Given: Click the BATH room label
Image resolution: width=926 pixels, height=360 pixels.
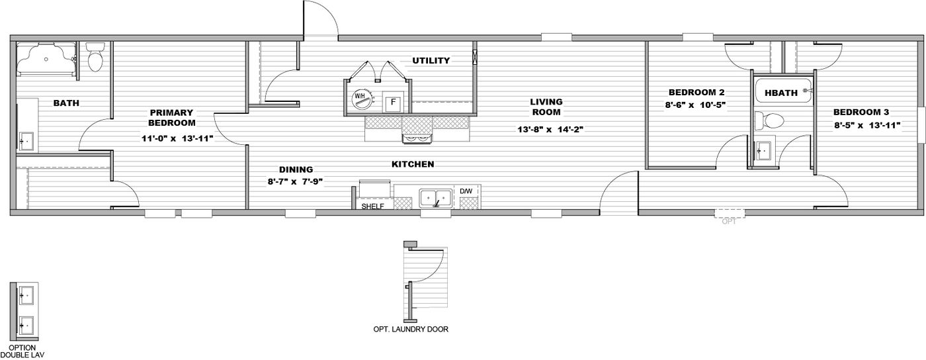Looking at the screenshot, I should pos(67,103).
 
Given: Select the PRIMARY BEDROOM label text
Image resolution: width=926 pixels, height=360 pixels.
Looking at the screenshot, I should pos(171,118).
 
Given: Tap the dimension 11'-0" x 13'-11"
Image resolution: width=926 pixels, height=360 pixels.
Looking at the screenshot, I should pos(177,139).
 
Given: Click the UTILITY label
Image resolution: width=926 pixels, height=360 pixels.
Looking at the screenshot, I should pos(431,61).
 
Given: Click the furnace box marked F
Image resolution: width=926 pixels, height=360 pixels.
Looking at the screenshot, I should pos(393,102).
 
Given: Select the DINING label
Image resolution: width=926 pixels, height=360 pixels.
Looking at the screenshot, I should pos(296,169).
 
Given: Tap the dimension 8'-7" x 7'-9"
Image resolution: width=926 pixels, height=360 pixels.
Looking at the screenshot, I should pos(296,181).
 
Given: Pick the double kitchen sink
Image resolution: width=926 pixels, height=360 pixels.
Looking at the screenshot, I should pos(436,198).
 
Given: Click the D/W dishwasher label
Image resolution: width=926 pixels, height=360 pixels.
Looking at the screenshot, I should pos(466,191).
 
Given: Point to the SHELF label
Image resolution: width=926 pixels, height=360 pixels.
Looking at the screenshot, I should pos(372,206).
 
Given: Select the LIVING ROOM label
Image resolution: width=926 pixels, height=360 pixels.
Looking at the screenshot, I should pos(546,107).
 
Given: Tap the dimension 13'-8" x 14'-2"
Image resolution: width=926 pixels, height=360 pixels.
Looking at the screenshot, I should pos(550,130).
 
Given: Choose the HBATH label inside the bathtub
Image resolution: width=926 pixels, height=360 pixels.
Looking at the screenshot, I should pos(781,93).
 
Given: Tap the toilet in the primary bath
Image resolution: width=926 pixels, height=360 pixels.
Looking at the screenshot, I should pos(96,58).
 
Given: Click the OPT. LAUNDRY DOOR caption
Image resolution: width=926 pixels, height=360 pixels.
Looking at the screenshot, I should pos(411,329).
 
